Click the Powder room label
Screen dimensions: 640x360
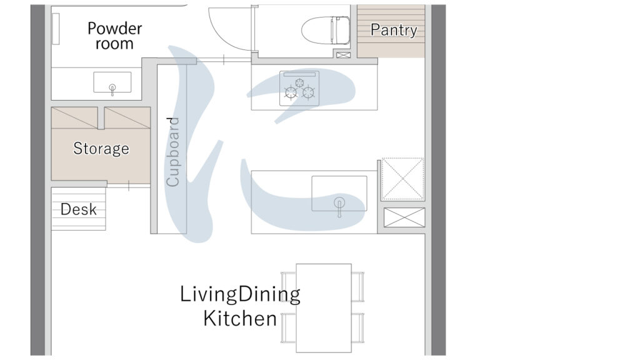pos(115,36)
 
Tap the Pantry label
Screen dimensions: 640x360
pos(394,30)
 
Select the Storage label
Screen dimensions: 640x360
pos(101,148)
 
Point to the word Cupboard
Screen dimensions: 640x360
pos(172,152)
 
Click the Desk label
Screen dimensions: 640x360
pos(78,209)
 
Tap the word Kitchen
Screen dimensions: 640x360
pos(240,318)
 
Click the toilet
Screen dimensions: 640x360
pos(326,30)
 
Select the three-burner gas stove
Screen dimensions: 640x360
pos(299,89)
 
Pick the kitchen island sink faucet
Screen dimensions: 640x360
pos(339,206)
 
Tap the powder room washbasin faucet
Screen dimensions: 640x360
pos(112,89)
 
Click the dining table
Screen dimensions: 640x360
pos(324,308)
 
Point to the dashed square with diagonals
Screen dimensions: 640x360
pos(403,179)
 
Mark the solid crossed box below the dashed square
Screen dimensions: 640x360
pos(404,217)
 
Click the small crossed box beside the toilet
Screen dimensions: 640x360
pos(343,55)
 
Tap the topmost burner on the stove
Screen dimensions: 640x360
pos(300,83)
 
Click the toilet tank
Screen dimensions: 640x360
pos(341,30)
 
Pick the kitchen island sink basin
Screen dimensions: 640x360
pos(339,194)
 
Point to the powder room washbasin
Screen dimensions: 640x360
pos(112,82)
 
